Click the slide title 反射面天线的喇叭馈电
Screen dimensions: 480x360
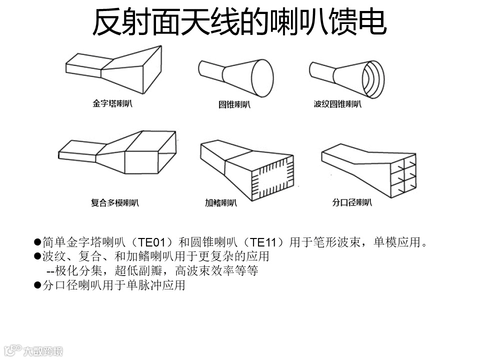click(239, 22)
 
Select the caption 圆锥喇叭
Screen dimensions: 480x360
click(234, 104)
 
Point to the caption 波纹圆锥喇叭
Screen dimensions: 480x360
click(337, 104)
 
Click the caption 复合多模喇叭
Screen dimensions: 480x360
click(115, 202)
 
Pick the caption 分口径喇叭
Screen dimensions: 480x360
click(352, 202)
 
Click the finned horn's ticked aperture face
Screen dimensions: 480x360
click(272, 176)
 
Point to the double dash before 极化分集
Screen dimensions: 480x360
click(50, 271)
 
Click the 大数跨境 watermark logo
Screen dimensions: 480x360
click(32, 350)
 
